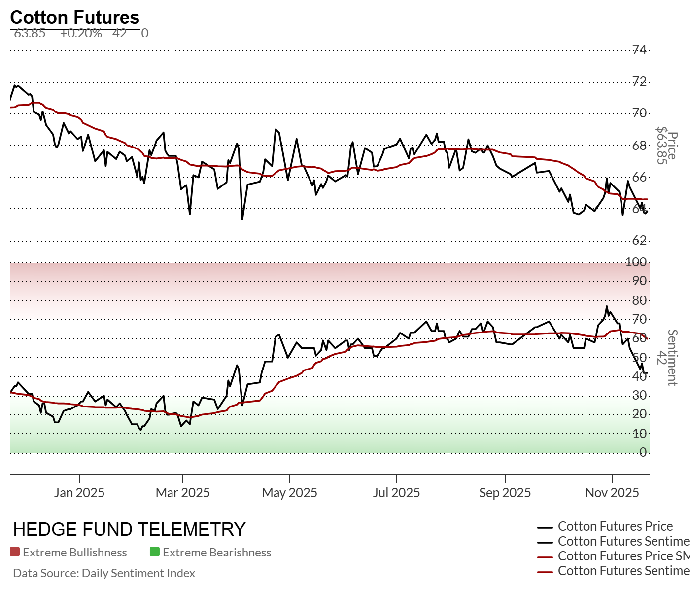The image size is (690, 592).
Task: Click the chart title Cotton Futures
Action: (x=75, y=17)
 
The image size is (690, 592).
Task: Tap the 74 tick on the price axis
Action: (x=640, y=49)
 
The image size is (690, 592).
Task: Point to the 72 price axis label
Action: (x=640, y=81)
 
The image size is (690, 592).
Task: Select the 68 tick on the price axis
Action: (x=640, y=145)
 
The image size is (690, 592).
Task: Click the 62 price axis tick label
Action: (x=640, y=240)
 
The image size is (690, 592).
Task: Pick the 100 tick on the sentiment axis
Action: (x=636, y=262)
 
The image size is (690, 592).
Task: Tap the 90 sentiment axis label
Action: (x=640, y=281)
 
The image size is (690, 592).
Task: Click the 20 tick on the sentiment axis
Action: (x=640, y=414)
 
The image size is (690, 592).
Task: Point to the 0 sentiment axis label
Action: (x=643, y=452)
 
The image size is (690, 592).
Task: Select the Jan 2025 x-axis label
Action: (x=79, y=493)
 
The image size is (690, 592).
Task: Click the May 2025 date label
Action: (x=289, y=493)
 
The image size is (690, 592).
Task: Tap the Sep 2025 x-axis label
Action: (x=505, y=493)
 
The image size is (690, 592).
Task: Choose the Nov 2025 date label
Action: (x=612, y=493)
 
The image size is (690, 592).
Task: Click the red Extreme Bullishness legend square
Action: (x=15, y=552)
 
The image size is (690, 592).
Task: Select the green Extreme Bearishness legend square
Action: (x=155, y=552)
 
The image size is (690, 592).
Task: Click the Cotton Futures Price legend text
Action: (x=615, y=526)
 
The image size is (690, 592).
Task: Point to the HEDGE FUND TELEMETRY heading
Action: (x=129, y=529)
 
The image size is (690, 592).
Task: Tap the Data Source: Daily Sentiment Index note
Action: (x=104, y=573)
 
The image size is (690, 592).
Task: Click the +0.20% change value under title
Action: (x=81, y=33)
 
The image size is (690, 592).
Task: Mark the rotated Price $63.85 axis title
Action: (x=667, y=146)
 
